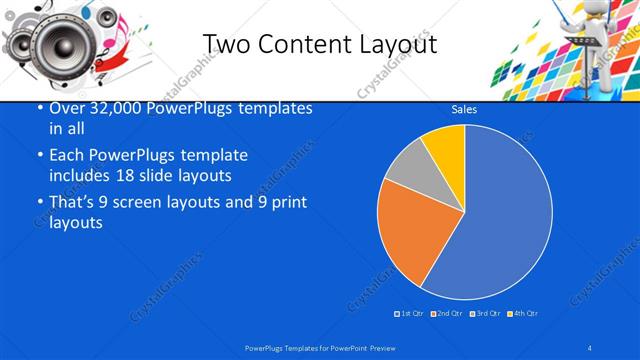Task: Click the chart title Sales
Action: click(463, 109)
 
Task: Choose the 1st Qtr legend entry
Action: click(409, 313)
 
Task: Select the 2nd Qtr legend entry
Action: click(445, 313)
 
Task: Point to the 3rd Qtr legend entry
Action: click(483, 313)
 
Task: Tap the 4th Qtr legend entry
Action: click(521, 313)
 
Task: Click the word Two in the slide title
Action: click(226, 44)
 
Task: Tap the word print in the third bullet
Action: click(287, 203)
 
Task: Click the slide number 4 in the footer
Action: click(590, 347)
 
